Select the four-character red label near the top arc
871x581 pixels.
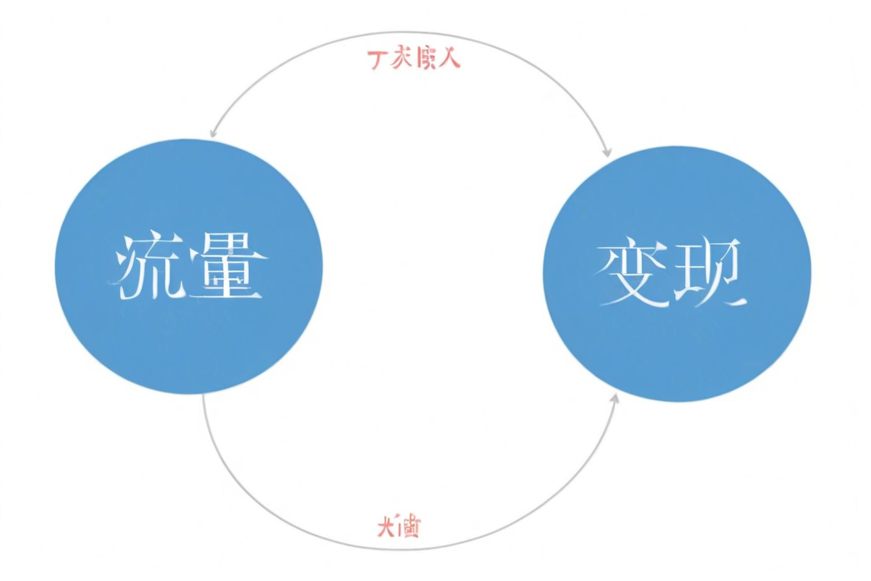(x=414, y=59)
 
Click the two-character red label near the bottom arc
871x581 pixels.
(x=399, y=526)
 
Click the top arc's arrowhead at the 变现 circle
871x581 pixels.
(x=607, y=153)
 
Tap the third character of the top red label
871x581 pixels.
(x=425, y=59)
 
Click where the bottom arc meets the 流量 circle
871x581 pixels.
(x=203, y=395)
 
